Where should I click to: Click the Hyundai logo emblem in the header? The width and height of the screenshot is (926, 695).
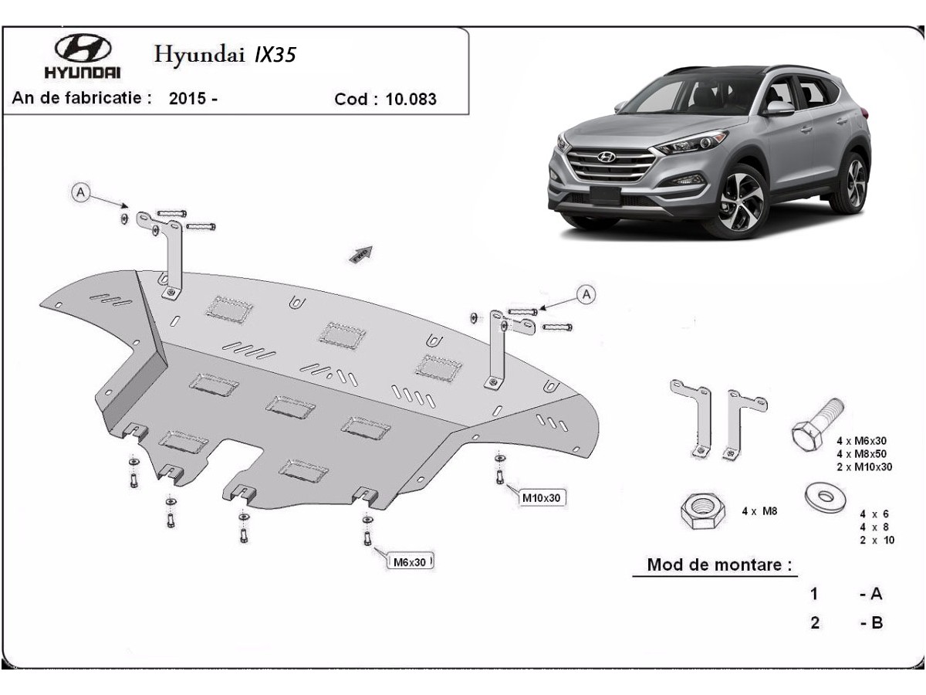pyautogui.click(x=83, y=48)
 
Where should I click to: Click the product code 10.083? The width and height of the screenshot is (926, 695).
pyautogui.click(x=411, y=99)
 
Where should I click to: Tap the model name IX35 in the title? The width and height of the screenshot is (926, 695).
pyautogui.click(x=275, y=55)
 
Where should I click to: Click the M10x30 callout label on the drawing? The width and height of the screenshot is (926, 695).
pyautogui.click(x=541, y=498)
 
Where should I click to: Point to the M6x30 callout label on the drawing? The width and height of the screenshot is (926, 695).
pyautogui.click(x=410, y=562)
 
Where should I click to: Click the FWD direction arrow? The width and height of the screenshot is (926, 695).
pyautogui.click(x=360, y=255)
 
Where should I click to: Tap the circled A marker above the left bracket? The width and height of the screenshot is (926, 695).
pyautogui.click(x=80, y=193)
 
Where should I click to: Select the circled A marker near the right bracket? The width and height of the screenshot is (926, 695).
pyautogui.click(x=586, y=294)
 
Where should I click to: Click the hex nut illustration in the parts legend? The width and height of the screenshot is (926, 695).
pyautogui.click(x=702, y=511)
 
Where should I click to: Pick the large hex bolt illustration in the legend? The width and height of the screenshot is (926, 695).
pyautogui.click(x=817, y=425)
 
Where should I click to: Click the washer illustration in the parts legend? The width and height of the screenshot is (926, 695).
pyautogui.click(x=825, y=497)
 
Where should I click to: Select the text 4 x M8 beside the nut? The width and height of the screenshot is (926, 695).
pyautogui.click(x=759, y=511)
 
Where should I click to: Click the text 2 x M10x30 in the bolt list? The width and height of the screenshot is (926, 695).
pyautogui.click(x=864, y=467)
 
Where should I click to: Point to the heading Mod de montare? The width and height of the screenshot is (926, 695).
pyautogui.click(x=719, y=564)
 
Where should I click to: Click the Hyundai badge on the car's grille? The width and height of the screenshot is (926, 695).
pyautogui.click(x=607, y=158)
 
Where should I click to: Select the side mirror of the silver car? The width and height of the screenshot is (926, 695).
pyautogui.click(x=779, y=108)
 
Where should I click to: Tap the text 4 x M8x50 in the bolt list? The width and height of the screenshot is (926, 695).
pyautogui.click(x=861, y=454)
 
